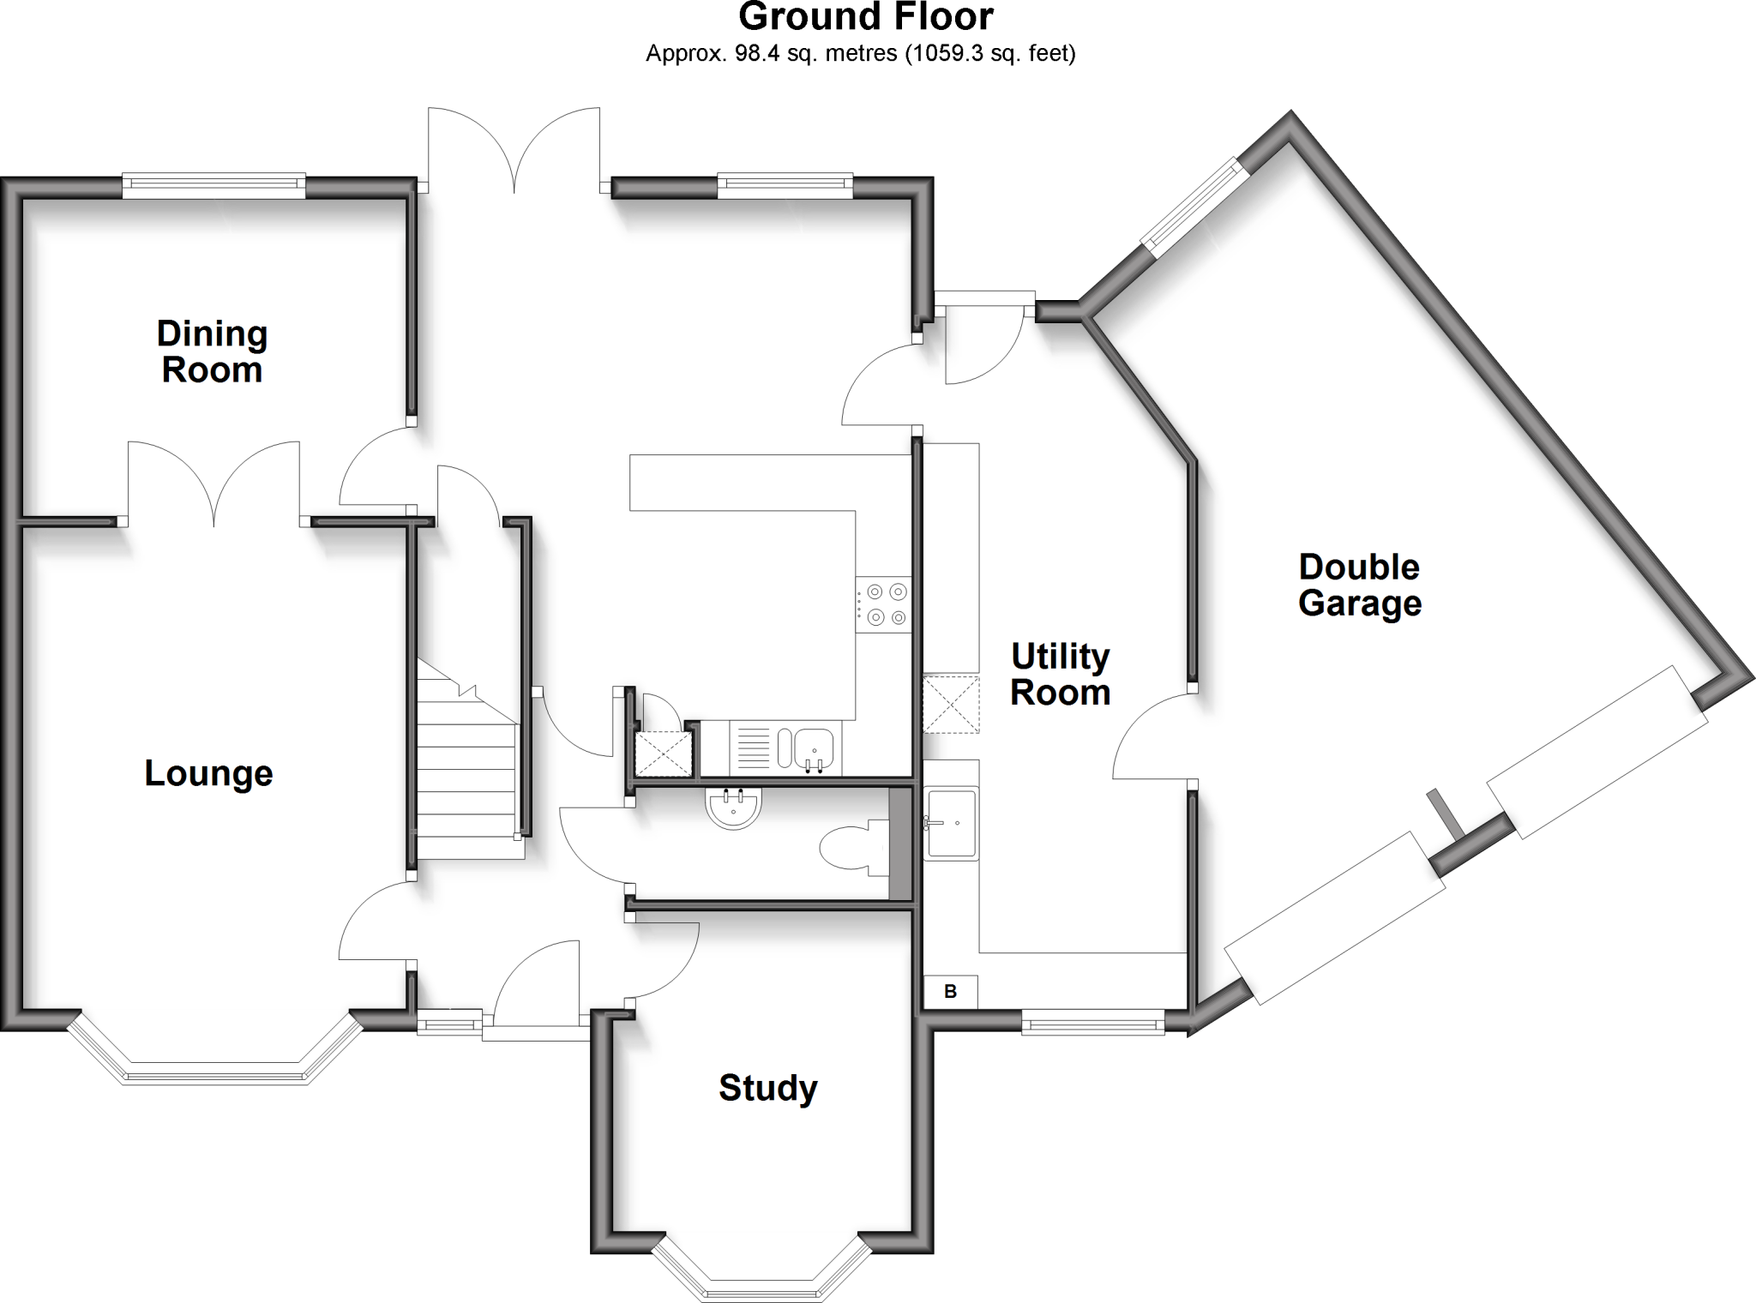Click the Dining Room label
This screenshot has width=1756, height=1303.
tap(212, 351)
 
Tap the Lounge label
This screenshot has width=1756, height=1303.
tap(208, 773)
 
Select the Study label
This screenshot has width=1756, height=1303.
tap(767, 1088)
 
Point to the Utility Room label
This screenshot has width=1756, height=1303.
tap(1061, 675)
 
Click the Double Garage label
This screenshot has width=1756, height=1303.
tap(1360, 585)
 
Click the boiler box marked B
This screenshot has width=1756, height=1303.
tap(950, 992)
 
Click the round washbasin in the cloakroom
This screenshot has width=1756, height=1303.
tap(733, 808)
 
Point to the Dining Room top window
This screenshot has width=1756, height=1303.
tap(213, 184)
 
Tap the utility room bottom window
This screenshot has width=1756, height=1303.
tap(1092, 1021)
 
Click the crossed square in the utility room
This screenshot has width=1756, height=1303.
tap(950, 704)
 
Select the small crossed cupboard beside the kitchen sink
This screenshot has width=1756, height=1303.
tap(663, 754)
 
